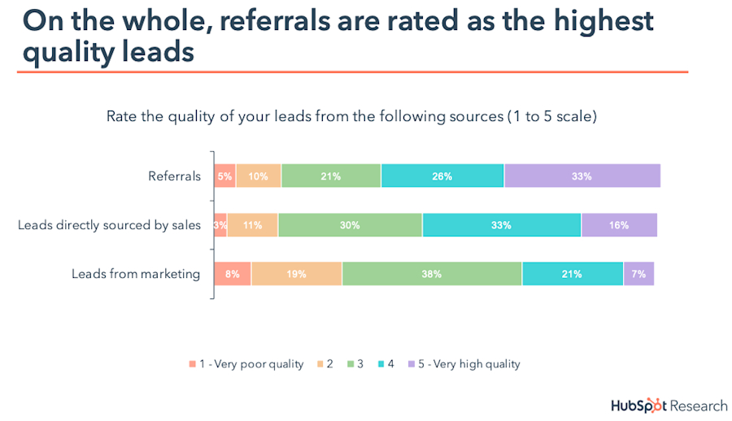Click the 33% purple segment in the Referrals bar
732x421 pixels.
pyautogui.click(x=582, y=176)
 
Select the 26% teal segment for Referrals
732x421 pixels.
pyautogui.click(x=442, y=176)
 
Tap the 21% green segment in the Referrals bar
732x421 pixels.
pyautogui.click(x=331, y=176)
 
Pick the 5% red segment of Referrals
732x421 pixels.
pyautogui.click(x=224, y=176)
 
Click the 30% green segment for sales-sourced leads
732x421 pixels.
pyautogui.click(x=350, y=225)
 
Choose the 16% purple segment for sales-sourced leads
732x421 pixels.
pyautogui.click(x=619, y=225)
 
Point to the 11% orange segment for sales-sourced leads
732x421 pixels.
pyautogui.click(x=252, y=225)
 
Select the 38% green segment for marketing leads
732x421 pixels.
pyautogui.click(x=432, y=274)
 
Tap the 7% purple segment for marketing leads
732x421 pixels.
pyautogui.click(x=638, y=274)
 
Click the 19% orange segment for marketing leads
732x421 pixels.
pyautogui.click(x=296, y=274)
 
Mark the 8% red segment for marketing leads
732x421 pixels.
pyautogui.click(x=233, y=274)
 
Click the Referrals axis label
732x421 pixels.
pyautogui.click(x=174, y=176)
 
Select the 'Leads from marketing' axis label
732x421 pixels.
pyautogui.click(x=136, y=274)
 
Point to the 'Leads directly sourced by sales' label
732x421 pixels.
pyautogui.click(x=109, y=225)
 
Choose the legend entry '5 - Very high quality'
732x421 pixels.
pyautogui.click(x=467, y=364)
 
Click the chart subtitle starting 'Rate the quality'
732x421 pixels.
pyautogui.click(x=351, y=116)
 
